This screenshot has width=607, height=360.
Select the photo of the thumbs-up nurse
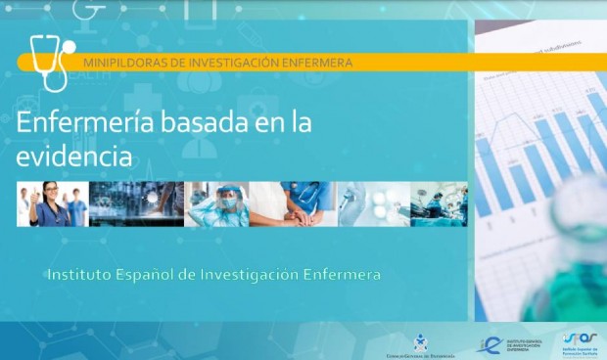[x=52, y=203]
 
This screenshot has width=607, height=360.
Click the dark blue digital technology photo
[x=136, y=203]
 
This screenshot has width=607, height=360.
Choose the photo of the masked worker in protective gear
[x=217, y=203]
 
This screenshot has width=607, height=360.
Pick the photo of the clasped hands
[x=293, y=203]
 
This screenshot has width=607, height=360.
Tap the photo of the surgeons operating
[x=439, y=203]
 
